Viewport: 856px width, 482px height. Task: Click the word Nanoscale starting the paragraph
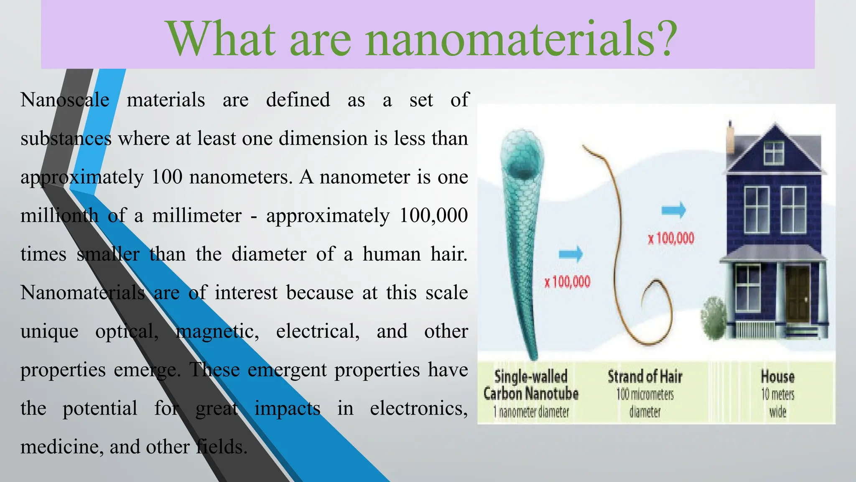(65, 100)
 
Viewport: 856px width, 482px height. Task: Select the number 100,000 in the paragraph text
(433, 216)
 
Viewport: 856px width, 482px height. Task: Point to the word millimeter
(197, 216)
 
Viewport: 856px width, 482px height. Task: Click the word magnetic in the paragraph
(217, 331)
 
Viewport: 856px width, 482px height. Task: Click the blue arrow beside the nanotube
(571, 253)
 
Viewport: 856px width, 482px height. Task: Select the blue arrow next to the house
(674, 210)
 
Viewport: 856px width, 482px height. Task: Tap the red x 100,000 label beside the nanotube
(567, 282)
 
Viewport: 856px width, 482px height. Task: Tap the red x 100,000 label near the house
(671, 238)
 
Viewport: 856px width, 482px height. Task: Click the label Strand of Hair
(645, 377)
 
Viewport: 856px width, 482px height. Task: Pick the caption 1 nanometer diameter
(531, 412)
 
